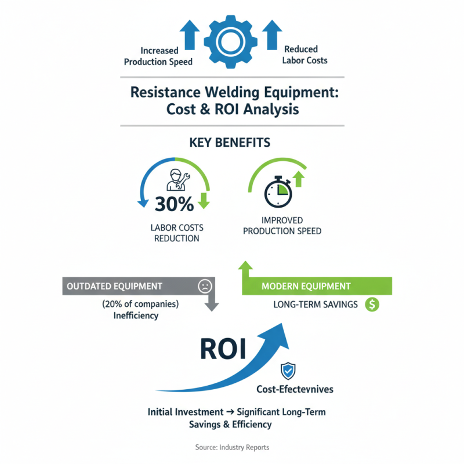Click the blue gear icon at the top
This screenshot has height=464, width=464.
coord(231,41)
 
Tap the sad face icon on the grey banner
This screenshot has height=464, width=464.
coord(205,286)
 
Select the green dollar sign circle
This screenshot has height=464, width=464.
coord(371,304)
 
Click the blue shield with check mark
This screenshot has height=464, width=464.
coord(287,371)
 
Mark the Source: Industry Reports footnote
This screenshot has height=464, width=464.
coord(232,447)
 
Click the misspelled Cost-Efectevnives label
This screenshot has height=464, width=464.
coord(295,389)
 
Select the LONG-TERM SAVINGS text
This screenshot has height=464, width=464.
coord(316,304)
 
